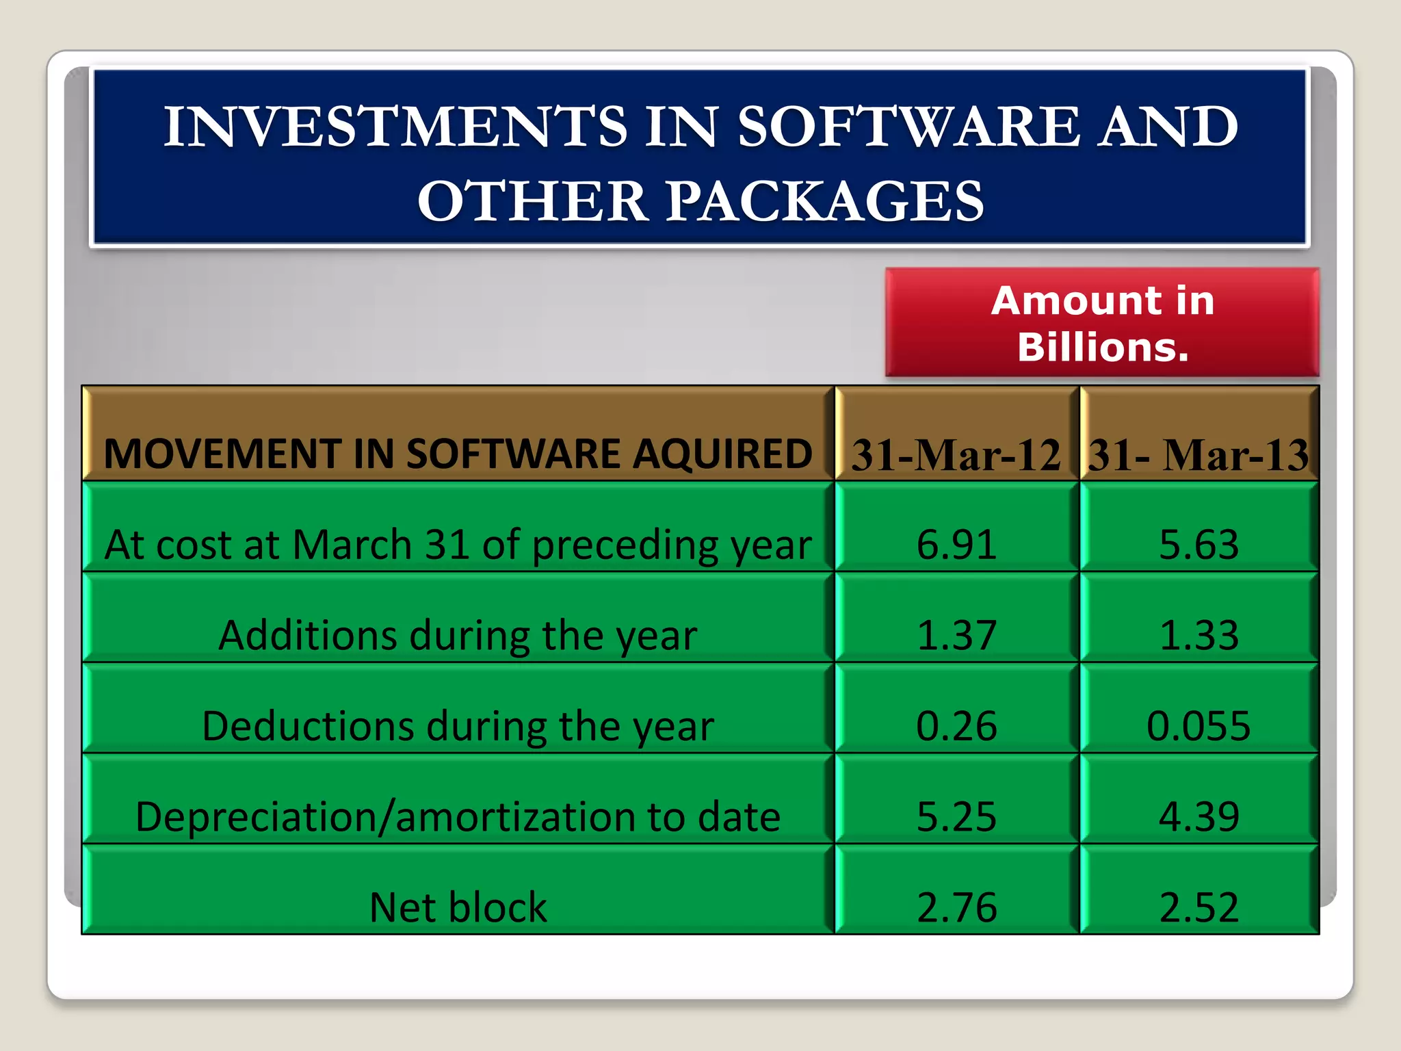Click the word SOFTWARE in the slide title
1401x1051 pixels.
[x=909, y=127]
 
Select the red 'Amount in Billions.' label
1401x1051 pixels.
[x=1102, y=323]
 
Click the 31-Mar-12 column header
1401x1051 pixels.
[x=956, y=454]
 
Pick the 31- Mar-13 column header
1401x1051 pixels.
[x=1199, y=454]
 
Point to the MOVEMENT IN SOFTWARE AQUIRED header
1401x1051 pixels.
[x=458, y=454]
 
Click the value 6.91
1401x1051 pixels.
[x=956, y=545]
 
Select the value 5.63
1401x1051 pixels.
[x=1199, y=545]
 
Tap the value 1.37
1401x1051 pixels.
[x=956, y=635]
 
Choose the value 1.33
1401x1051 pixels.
[x=1199, y=635]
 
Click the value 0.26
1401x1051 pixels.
[x=956, y=726]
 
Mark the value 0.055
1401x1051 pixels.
[x=1199, y=726]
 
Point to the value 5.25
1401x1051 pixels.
[x=956, y=816]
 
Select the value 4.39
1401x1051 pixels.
[x=1199, y=816]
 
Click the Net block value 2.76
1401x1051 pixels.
[x=956, y=907]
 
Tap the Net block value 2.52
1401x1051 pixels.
[x=1199, y=907]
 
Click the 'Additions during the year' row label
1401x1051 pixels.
[x=458, y=636]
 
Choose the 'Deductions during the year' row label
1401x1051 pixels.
[x=458, y=726]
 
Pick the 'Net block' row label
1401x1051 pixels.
[x=458, y=907]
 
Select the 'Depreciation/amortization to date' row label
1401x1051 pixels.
[x=458, y=817]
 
